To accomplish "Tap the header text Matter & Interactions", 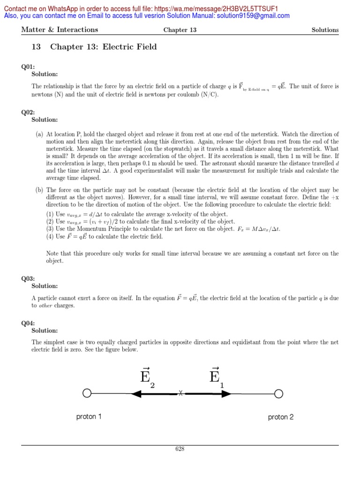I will point(60,30).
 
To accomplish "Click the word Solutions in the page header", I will point(325,30).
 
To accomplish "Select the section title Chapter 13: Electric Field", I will point(103,47).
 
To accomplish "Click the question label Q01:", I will point(28,67).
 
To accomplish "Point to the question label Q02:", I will point(28,112).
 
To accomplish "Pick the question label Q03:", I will point(28,278).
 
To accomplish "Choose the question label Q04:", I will point(28,323).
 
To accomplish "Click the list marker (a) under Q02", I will point(39,134).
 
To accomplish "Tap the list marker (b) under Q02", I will point(39,190).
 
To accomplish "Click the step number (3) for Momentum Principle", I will point(50,229).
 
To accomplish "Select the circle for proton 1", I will point(87,394).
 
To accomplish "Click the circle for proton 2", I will point(278,394).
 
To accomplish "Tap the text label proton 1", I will point(89,416).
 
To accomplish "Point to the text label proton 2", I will point(281,417).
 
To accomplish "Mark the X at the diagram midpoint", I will point(180,394).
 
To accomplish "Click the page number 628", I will point(180,449).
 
